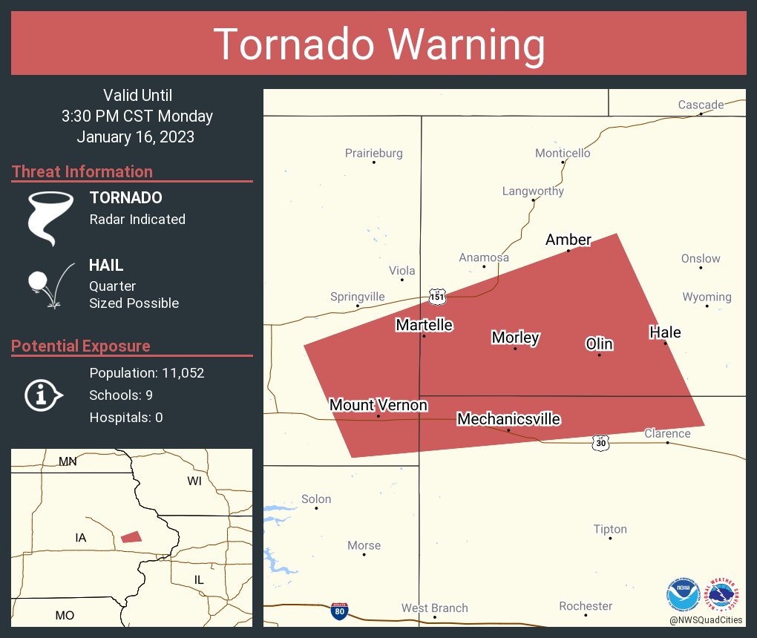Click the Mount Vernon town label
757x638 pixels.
click(x=378, y=405)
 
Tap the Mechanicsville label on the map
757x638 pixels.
click(x=508, y=419)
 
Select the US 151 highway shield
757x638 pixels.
click(x=437, y=297)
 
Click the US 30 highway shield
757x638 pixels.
click(x=600, y=442)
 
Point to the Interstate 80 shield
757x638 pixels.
click(x=340, y=611)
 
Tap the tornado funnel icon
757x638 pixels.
click(x=50, y=217)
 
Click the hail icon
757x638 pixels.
click(x=50, y=285)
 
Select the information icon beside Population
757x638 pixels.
click(x=43, y=395)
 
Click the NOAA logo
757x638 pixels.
click(x=684, y=594)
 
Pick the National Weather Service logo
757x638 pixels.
click(x=725, y=594)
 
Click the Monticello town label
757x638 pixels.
click(x=563, y=153)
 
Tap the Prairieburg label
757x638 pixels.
click(x=374, y=153)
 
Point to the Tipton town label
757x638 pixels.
click(x=610, y=529)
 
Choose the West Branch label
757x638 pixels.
click(x=435, y=608)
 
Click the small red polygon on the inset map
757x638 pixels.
click(x=131, y=536)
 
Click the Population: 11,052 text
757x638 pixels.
click(x=147, y=372)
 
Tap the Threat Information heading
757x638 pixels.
click(x=82, y=171)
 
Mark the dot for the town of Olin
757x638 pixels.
click(x=600, y=355)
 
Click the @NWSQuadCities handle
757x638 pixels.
click(x=706, y=619)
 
